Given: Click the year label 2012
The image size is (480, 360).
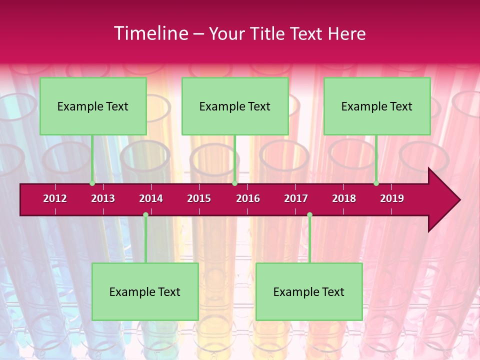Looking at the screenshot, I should pos(55,198).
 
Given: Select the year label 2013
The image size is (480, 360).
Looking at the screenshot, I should pos(103,198).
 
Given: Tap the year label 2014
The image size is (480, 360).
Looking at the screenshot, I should pos(151,198).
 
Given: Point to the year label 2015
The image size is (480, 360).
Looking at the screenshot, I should pos(199,198).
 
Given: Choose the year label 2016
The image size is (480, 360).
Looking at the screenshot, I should pos(248,198).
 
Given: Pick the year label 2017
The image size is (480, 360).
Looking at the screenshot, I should pos(296,198).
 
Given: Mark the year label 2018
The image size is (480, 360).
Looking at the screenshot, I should pos(344,198).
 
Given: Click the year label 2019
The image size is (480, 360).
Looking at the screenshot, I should pos(392,198).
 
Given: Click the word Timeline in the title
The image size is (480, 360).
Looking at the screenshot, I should pos(150,33).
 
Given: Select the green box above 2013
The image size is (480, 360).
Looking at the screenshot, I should pos(93,106).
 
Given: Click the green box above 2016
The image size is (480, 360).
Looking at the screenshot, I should pos(235,106).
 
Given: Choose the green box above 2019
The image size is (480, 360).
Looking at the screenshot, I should pos(377,106).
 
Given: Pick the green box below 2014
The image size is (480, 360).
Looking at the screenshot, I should pos(145,291).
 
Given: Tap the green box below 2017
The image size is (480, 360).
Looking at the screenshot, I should pos(309,291).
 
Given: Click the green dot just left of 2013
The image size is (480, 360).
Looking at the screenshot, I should pos(92,183).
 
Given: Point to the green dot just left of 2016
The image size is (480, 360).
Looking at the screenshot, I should pos(234,183).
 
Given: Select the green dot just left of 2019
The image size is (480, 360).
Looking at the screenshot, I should pos(376,183).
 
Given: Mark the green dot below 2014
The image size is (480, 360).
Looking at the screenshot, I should pos(145,215).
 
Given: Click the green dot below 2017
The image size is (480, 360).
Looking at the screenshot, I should pos(309,215).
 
